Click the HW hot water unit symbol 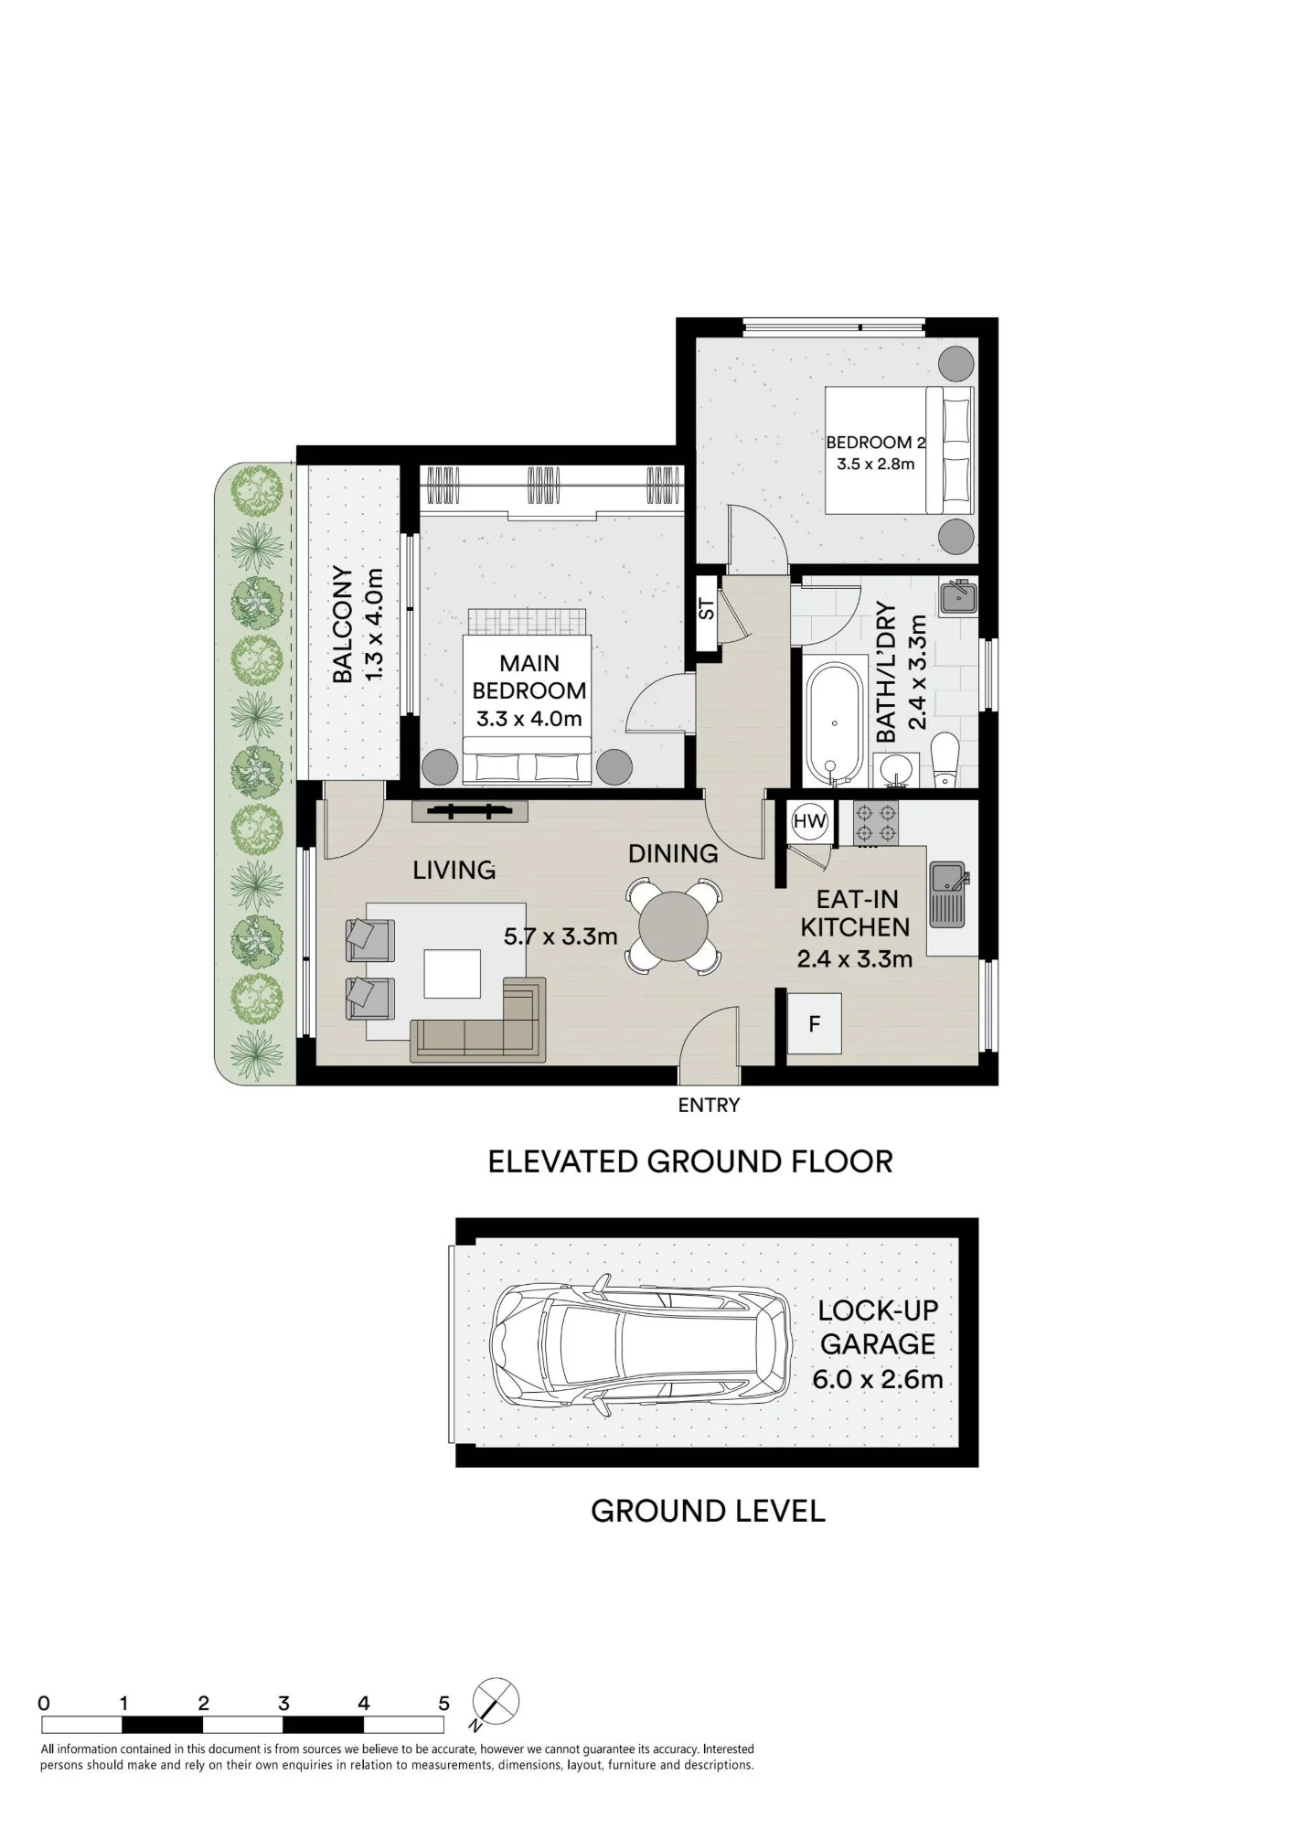[809, 821]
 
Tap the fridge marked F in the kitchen [814, 1023]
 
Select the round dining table [673, 925]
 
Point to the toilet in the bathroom [945, 759]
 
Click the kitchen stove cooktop [876, 822]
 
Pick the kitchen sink [947, 893]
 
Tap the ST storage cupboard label [707, 608]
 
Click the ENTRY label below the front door [709, 1105]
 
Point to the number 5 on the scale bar [443, 1703]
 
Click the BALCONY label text [343, 624]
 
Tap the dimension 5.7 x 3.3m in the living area [561, 936]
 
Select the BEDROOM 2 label [876, 443]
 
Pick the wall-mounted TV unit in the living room [470, 811]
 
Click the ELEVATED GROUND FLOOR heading [690, 1161]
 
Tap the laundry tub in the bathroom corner [958, 597]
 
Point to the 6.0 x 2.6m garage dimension [878, 1379]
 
